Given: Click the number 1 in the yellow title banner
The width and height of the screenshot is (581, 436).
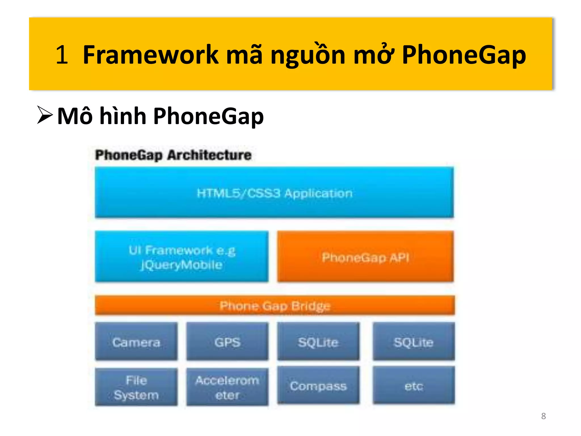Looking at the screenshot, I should coord(62,54).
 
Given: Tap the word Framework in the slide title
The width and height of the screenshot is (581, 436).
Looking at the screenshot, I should coord(150,54).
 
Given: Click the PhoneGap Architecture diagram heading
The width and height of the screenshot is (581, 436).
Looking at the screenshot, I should coord(173,155).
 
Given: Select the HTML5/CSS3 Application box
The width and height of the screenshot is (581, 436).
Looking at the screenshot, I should coord(274,193).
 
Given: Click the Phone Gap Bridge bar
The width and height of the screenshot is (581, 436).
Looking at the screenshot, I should coord(275,306).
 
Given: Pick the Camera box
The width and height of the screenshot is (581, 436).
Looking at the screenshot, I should coord(136,342).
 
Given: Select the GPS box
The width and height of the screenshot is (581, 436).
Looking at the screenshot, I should coord(227,342).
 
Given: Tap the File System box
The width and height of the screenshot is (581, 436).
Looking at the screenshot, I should coord(136,387).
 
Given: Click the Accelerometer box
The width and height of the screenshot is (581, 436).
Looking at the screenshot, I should coord(227,387).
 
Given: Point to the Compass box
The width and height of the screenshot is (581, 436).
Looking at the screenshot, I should coord(318,385).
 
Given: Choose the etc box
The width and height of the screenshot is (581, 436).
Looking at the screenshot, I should coord(414,385).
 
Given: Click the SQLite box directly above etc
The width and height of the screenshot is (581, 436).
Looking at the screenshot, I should coord(414,342).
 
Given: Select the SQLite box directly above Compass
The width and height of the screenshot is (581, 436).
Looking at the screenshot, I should coord(318,342).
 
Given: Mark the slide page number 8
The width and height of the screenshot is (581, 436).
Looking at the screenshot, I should coord(543,416).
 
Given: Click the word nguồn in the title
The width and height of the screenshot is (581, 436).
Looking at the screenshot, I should coord(308,54).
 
